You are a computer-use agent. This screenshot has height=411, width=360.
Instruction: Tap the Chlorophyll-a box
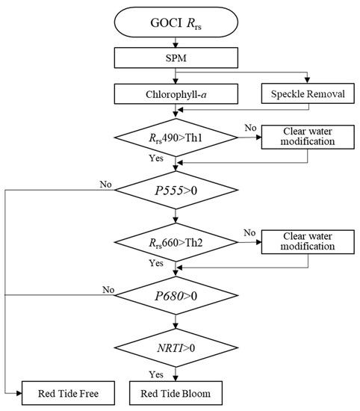point(174,93)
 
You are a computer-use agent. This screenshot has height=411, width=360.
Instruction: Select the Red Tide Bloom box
point(174,391)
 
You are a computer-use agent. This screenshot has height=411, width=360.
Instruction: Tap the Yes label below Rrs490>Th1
point(157,158)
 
